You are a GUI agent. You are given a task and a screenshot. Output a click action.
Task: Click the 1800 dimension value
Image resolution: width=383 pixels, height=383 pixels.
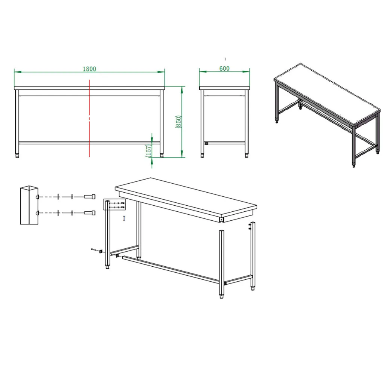click(x=89, y=69)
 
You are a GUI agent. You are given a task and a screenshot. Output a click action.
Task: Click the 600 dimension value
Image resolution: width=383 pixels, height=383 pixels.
click(x=224, y=68)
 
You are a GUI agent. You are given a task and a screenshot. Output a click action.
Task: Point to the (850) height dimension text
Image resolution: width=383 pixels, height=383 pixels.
click(x=178, y=122)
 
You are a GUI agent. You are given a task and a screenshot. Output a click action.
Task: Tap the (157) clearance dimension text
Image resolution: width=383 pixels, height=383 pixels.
click(x=148, y=151)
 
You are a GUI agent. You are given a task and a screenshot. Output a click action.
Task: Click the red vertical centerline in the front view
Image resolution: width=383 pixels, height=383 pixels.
click(x=89, y=118)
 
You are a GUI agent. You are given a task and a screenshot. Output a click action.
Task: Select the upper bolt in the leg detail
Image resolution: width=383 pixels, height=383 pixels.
click(x=90, y=197)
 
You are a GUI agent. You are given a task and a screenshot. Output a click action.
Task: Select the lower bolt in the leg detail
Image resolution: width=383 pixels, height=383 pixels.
click(x=90, y=213)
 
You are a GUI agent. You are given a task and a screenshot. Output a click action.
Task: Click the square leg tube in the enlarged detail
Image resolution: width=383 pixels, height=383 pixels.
click(x=29, y=205)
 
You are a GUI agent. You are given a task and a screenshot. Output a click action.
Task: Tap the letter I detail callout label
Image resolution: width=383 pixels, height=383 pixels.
click(x=124, y=218)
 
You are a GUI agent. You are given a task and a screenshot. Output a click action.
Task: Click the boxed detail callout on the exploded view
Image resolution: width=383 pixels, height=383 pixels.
click(x=114, y=205)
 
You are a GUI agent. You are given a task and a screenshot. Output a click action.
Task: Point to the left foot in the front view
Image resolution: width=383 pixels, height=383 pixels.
click(x=17, y=155)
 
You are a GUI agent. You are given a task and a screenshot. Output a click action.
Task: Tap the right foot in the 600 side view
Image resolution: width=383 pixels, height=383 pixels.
click(x=247, y=155)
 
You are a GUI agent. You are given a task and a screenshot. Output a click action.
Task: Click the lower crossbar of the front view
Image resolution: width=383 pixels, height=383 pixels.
click(x=89, y=143)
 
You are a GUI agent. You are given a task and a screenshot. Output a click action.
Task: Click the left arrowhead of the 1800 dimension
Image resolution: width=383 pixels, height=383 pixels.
click(x=18, y=72)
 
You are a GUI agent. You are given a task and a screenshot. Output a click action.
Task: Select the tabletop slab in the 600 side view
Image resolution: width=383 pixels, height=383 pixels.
click(x=224, y=88)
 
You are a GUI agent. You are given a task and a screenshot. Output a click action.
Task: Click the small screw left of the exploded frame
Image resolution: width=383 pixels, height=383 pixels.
click(x=94, y=249)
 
